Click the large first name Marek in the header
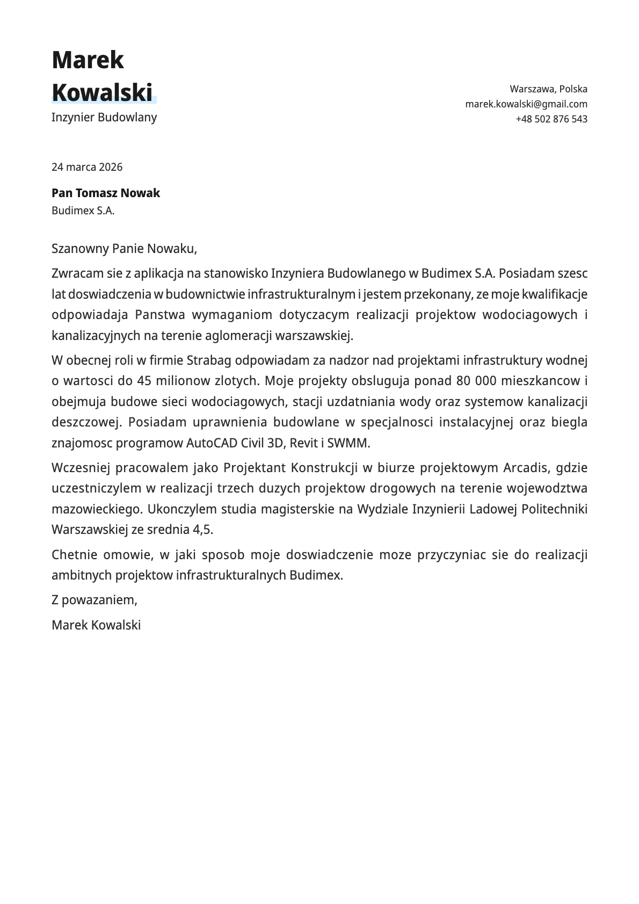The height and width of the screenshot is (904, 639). pos(88,60)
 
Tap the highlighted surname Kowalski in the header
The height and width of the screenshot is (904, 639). pos(102,92)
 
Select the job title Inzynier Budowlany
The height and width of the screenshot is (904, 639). pos(104,117)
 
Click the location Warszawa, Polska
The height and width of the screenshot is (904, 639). pos(548,89)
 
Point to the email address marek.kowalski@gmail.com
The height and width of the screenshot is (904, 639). pos(526,104)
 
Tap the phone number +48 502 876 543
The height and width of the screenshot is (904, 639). pos(551,119)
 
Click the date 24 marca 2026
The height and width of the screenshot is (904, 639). pos(87,167)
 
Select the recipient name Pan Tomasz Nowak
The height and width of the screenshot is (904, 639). pos(106,193)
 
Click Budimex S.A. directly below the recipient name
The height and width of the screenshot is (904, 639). pos(83,211)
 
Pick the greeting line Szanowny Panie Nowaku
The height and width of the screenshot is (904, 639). pos(125,249)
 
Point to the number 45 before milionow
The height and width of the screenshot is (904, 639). pos(144,381)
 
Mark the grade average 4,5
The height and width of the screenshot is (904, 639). pos(202,530)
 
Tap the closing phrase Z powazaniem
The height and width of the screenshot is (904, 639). pos(95,600)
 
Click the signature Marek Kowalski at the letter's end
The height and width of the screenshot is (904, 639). pos(96,625)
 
